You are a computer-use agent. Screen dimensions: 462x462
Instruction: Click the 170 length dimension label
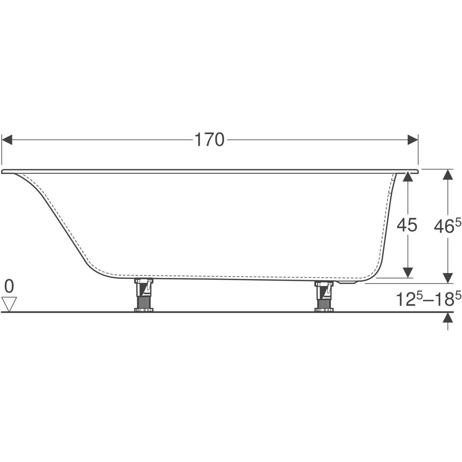209,140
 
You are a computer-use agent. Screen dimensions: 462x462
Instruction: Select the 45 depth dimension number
407,225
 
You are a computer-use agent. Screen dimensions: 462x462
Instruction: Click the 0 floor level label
9,287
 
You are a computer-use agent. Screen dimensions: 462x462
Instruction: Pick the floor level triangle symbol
9,305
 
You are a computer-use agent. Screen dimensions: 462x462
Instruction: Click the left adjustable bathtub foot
144,295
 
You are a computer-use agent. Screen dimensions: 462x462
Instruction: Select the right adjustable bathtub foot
324,296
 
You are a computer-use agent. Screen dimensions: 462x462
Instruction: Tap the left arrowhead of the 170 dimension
7,140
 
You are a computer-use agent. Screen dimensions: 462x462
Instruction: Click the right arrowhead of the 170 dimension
413,140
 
